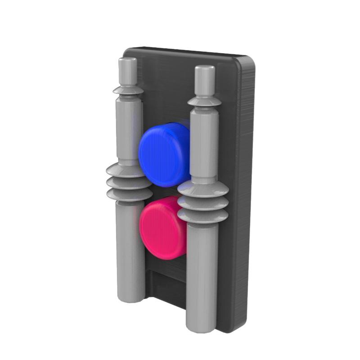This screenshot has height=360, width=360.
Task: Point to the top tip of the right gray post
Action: click(205, 69)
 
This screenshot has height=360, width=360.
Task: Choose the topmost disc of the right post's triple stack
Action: click(202, 189)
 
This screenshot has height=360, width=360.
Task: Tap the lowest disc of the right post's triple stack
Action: click(202, 216)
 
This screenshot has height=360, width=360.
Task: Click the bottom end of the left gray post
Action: click(131, 297)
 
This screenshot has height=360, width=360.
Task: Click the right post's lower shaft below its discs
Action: click(202, 274)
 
